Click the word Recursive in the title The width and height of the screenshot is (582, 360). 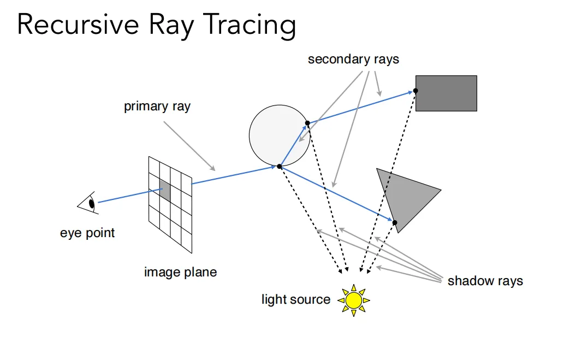coord(78,25)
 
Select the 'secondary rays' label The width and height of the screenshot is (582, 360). coord(353,59)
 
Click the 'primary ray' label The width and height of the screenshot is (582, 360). coord(157,107)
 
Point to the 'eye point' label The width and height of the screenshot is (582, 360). coord(87,233)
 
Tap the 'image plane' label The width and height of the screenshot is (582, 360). coord(180,272)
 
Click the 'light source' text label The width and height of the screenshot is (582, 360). coord(296,299)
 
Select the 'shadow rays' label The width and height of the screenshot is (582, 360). coord(485,281)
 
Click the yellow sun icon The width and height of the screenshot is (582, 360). coord(354,300)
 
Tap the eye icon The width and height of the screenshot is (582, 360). coord(88,203)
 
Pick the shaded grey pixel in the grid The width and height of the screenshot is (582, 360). coord(165,191)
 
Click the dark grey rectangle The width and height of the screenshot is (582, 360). coord(446,93)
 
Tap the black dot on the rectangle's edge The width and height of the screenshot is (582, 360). coord(415,91)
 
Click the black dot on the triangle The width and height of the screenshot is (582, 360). coord(395,222)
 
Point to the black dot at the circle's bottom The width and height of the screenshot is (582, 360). coord(280,167)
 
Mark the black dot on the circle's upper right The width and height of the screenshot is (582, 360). coord(307,123)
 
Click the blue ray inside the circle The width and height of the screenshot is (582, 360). coord(293,145)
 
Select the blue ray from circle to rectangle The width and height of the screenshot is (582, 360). coord(361,107)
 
